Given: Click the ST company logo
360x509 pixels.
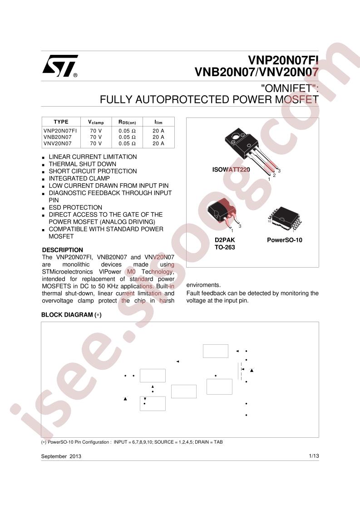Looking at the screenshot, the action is click(60, 66).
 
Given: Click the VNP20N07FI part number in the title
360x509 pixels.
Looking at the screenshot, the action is click(283, 60).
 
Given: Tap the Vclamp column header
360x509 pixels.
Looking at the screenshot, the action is click(96, 122).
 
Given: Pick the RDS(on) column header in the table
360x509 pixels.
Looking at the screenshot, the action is click(127, 122).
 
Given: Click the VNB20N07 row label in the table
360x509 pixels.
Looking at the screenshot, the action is click(58, 137).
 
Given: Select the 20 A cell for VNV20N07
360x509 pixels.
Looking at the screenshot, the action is click(158, 143).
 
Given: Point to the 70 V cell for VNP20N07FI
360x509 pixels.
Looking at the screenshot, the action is click(96, 131).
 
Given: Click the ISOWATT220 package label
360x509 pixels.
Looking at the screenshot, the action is click(231, 170).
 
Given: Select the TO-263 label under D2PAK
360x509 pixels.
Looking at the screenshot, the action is click(225, 247).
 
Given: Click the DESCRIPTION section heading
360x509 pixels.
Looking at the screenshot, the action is click(62, 250).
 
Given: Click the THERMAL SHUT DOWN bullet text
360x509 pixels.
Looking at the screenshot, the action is click(83, 164).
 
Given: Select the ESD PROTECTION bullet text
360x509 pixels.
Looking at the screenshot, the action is click(75, 207).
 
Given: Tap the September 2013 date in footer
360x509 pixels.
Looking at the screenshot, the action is click(61, 456).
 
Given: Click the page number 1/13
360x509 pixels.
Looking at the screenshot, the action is click(314, 456).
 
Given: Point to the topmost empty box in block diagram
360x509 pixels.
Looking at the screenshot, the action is click(216, 351).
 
